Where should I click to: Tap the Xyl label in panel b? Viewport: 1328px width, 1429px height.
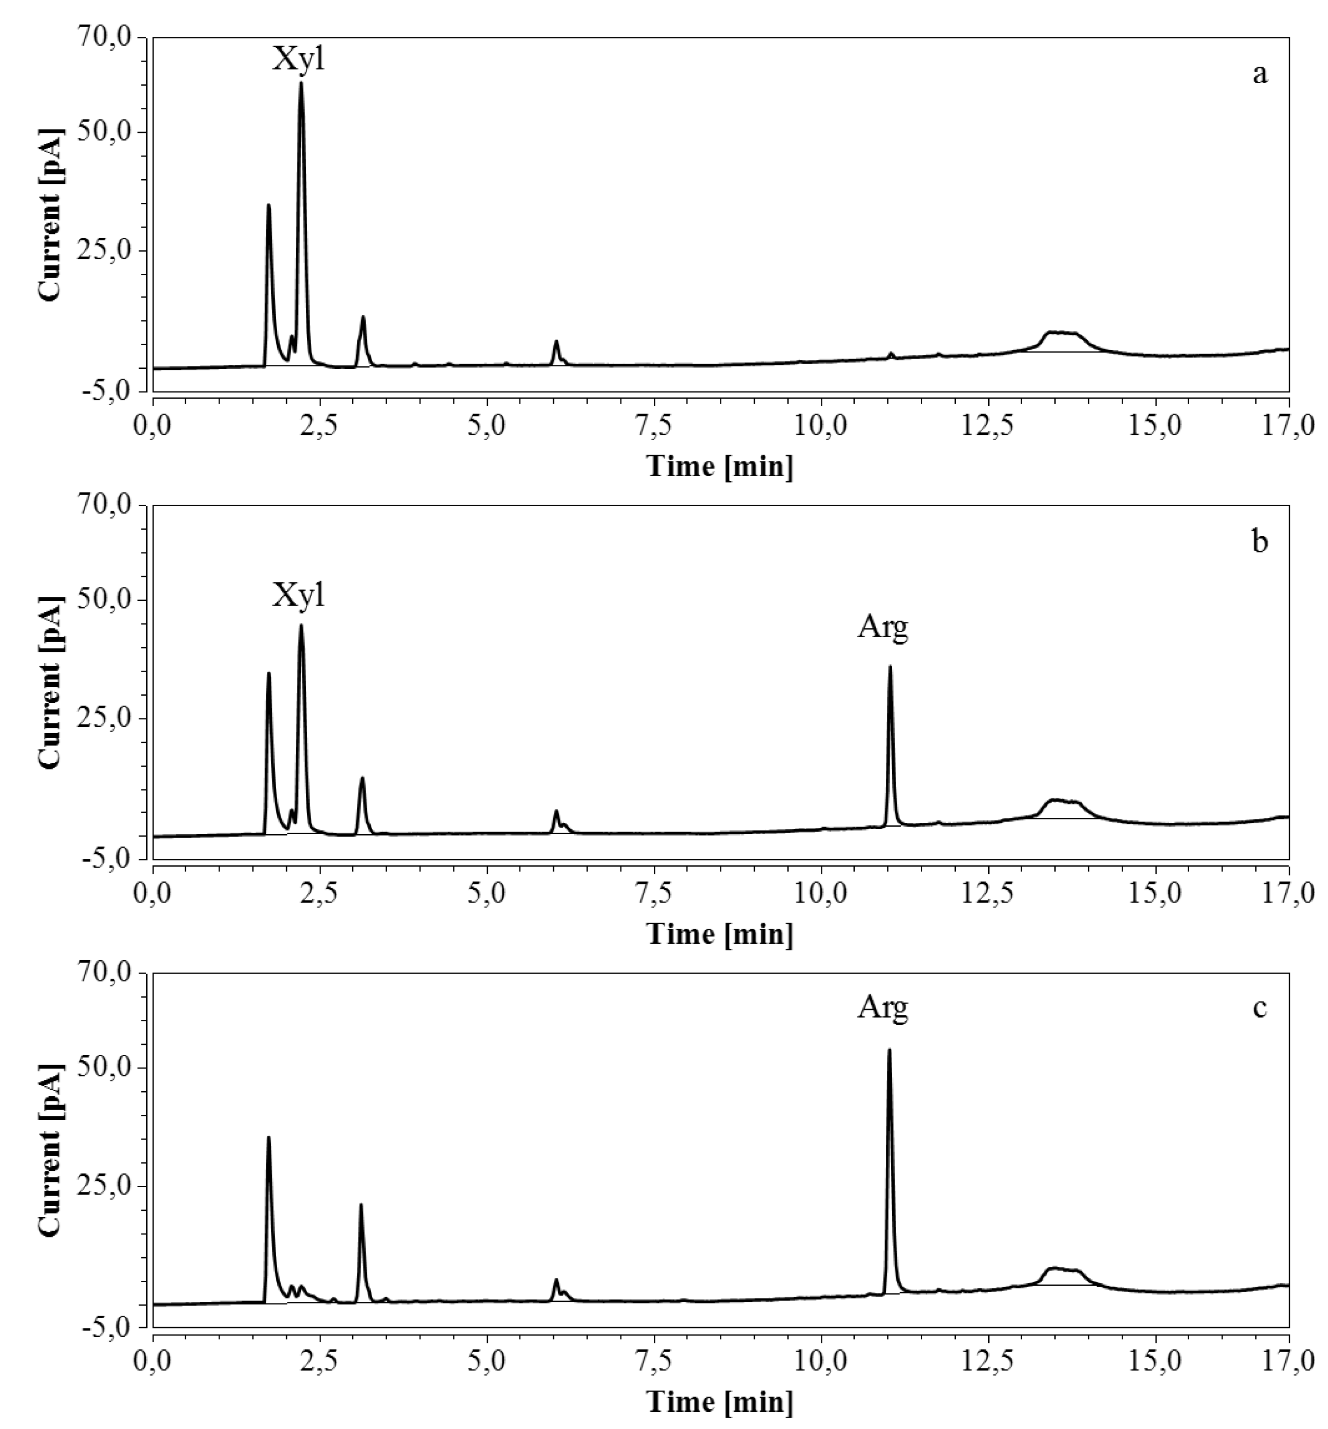click(x=298, y=596)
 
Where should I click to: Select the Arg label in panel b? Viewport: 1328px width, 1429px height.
click(x=882, y=628)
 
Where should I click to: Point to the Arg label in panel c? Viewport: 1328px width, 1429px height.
click(x=882, y=1008)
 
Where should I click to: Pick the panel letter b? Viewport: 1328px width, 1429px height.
click(x=1260, y=542)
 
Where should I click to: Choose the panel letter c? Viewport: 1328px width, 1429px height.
click(x=1260, y=1008)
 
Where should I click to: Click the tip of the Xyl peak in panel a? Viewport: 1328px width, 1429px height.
click(x=301, y=83)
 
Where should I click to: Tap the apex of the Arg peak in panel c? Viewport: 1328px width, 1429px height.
click(x=889, y=1050)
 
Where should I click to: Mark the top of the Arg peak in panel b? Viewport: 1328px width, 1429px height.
click(x=890, y=667)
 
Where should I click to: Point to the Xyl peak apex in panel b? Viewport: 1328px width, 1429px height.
click(x=301, y=625)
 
